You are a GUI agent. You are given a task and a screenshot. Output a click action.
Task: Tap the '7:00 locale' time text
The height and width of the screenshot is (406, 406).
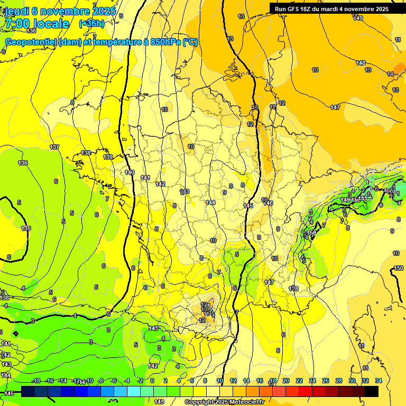pyautogui.click(x=36, y=24)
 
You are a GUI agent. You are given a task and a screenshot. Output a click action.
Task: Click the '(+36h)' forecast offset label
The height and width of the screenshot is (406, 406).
pyautogui.click(x=91, y=24)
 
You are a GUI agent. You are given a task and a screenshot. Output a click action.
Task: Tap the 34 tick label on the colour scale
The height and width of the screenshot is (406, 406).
pyautogui.click(x=379, y=381)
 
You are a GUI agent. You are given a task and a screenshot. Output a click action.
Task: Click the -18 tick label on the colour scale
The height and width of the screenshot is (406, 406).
pyautogui.click(x=36, y=381)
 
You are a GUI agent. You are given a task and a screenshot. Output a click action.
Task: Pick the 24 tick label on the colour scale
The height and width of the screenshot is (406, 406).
pyautogui.click(x=312, y=381)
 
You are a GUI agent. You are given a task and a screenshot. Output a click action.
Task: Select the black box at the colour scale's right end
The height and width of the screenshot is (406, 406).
pyautogui.click(x=371, y=391)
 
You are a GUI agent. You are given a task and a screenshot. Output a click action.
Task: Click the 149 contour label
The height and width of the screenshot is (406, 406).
pyautogui.click(x=358, y=19)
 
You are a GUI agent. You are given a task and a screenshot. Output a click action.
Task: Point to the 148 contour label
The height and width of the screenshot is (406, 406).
pyautogui.click(x=361, y=63)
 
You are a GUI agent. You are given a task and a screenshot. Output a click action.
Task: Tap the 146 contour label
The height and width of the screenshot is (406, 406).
pyautogui.click(x=268, y=203)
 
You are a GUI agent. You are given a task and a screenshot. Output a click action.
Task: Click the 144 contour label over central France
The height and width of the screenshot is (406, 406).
pyautogui.click(x=211, y=202)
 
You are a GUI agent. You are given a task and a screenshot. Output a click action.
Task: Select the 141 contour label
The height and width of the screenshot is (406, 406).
pyautogui.click(x=145, y=178)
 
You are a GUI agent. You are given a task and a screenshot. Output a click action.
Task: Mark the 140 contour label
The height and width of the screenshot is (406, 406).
pyautogui.click(x=130, y=172)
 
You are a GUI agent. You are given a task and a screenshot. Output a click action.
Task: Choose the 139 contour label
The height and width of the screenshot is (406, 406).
pyautogui.click(x=108, y=157)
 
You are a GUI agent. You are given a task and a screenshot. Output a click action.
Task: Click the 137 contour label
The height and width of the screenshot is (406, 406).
pyautogui.click(x=54, y=147)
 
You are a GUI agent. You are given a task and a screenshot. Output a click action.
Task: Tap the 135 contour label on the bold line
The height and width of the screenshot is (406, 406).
pyautogui.click(x=26, y=228)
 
